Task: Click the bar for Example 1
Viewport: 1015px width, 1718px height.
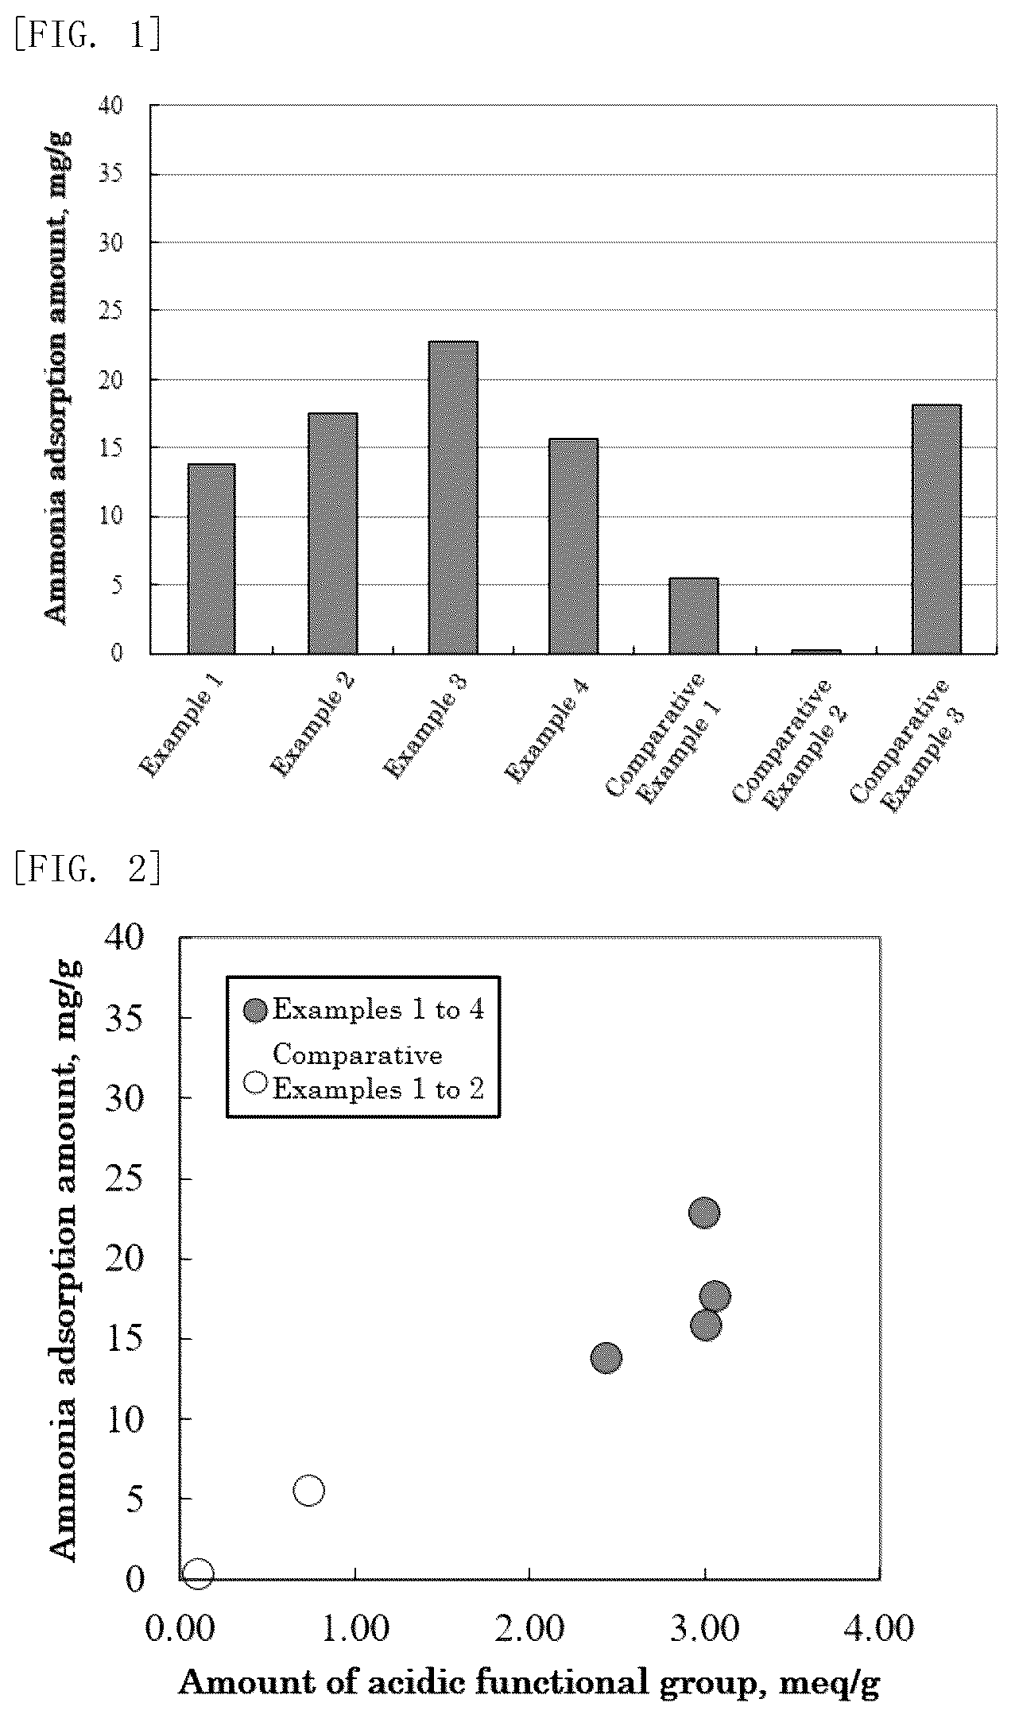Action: [x=211, y=559]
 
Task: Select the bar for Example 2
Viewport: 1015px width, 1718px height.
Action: [x=332, y=533]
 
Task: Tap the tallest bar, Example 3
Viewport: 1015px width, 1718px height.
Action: [x=453, y=497]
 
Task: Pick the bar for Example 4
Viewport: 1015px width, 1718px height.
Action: [x=573, y=546]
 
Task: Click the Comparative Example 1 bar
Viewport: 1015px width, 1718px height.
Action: [x=694, y=616]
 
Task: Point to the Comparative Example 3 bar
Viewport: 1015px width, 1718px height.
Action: [x=936, y=529]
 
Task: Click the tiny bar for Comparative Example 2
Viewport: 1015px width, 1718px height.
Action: [x=815, y=652]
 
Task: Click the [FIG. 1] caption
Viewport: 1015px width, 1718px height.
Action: [x=87, y=35]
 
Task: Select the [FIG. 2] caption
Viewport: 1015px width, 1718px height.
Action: [x=87, y=869]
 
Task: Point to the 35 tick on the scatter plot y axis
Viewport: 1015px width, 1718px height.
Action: [x=125, y=1018]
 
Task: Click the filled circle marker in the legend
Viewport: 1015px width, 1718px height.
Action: [x=256, y=1011]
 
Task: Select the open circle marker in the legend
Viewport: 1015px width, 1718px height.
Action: [x=256, y=1082]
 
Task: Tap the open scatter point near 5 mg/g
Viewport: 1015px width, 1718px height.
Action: [x=308, y=1490]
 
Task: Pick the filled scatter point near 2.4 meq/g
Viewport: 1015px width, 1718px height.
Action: [x=606, y=1357]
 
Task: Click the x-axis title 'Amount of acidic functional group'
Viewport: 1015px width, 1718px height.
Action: [x=467, y=1683]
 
